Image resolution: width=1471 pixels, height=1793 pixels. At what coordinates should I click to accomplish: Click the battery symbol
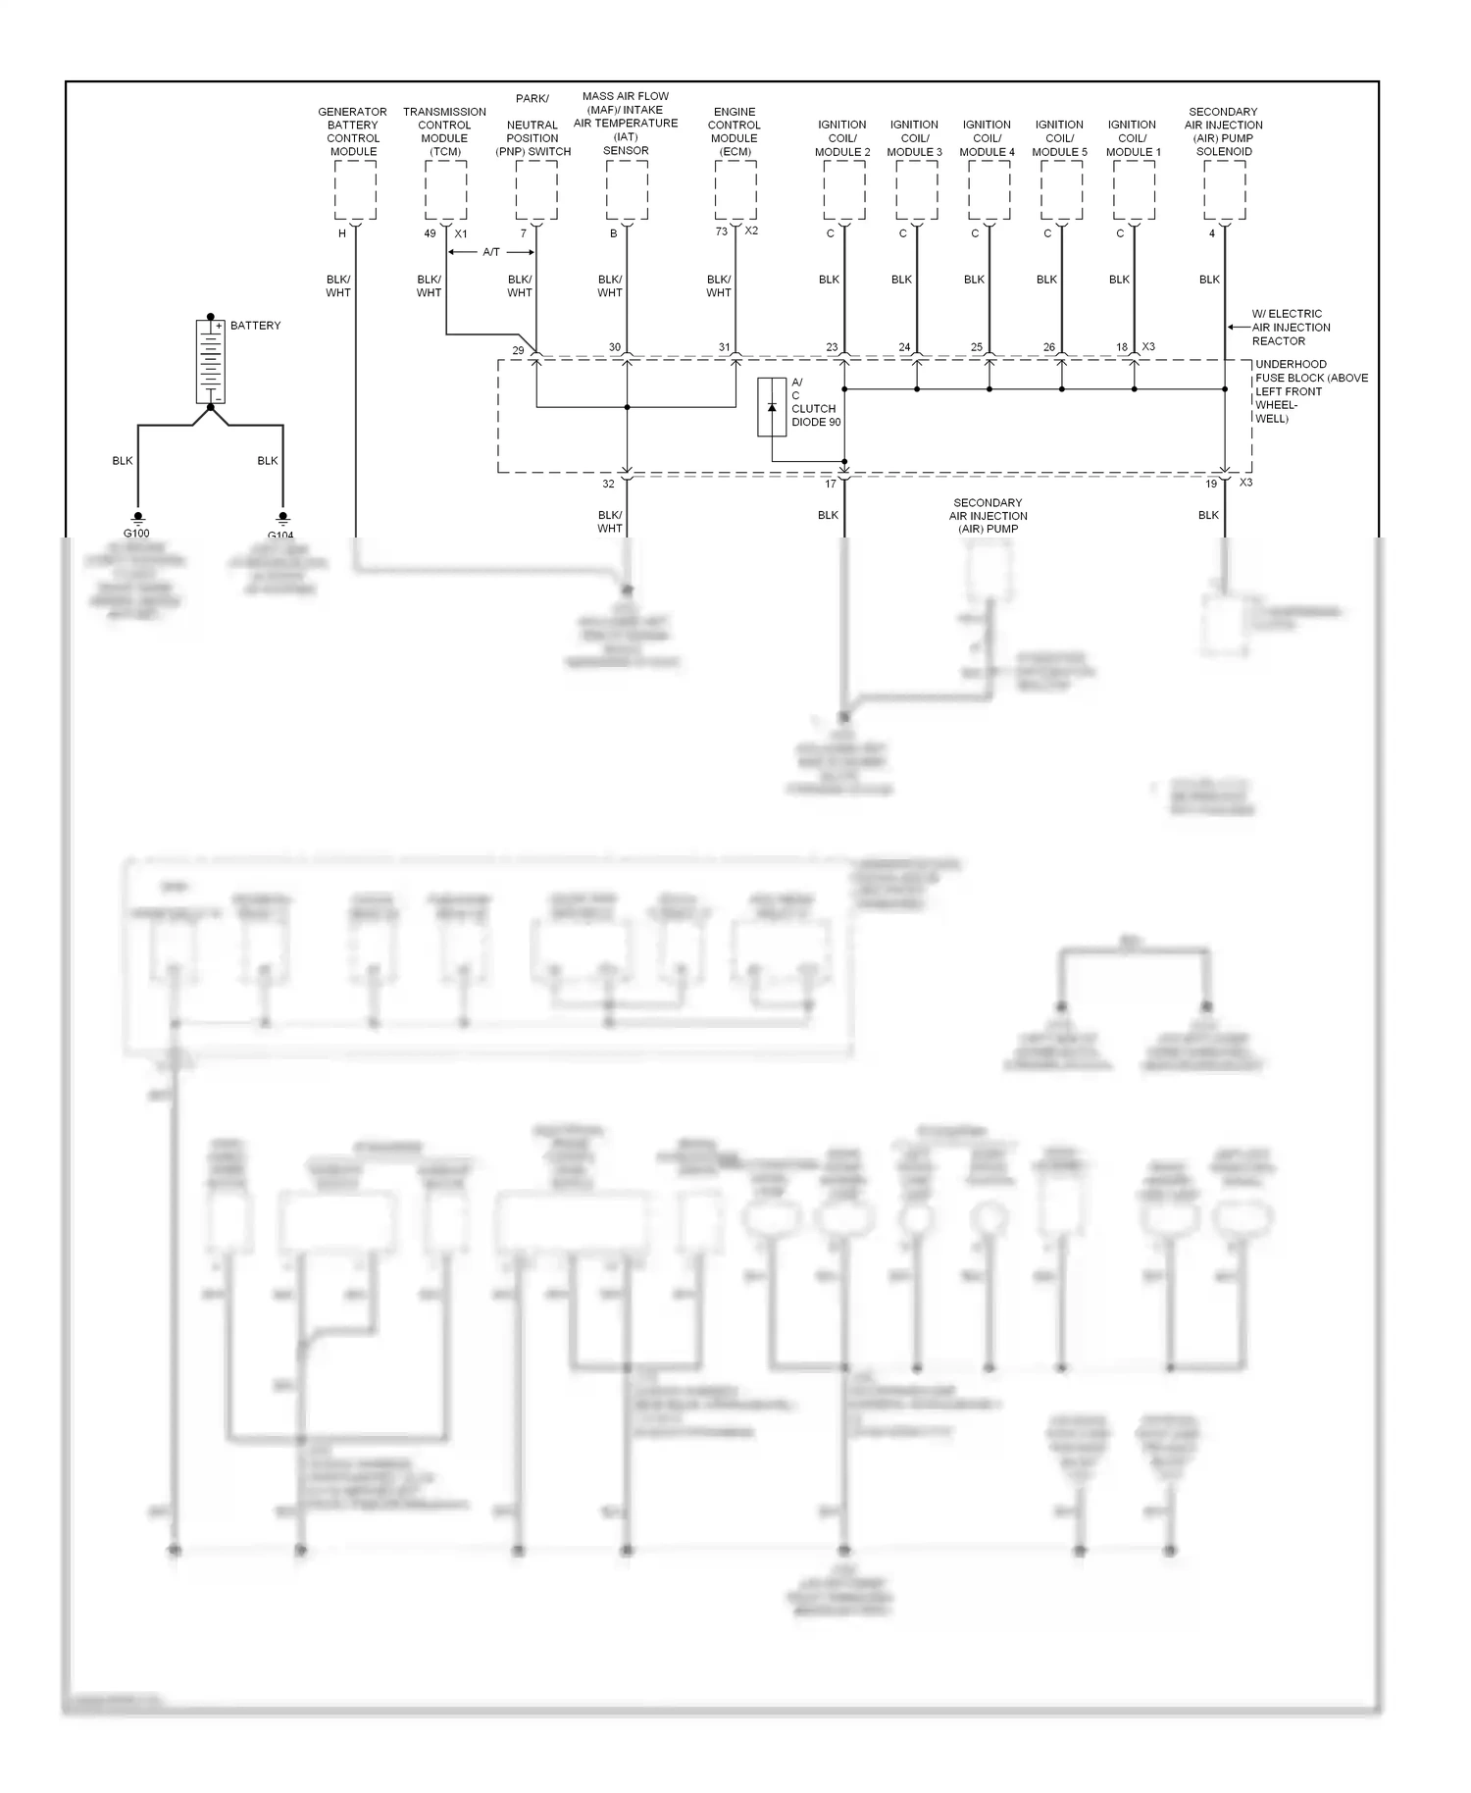tap(210, 360)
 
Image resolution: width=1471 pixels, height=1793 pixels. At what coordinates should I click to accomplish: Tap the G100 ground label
tap(136, 534)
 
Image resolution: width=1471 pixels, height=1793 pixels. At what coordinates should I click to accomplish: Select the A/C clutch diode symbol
tap(772, 406)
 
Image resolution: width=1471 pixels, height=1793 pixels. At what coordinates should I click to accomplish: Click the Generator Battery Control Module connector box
tap(355, 190)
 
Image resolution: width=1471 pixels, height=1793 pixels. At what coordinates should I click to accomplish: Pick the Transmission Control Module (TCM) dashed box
tap(446, 190)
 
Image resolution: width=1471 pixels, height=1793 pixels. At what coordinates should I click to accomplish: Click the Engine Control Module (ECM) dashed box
tap(735, 190)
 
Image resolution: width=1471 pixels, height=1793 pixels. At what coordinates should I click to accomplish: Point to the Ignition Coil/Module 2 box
tap(844, 190)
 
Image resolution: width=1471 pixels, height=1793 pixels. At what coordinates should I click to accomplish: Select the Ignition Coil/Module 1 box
tap(1135, 190)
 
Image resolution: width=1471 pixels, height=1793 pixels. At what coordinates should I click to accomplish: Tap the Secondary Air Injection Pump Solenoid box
tap(1225, 190)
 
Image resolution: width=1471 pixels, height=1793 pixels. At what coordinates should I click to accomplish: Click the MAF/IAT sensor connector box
tap(627, 190)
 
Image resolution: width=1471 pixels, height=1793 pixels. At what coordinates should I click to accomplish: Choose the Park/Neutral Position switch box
tap(536, 190)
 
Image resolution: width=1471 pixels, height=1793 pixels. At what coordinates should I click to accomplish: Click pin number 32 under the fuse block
tap(608, 484)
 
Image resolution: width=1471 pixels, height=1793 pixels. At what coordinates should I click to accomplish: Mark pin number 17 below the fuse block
tap(831, 484)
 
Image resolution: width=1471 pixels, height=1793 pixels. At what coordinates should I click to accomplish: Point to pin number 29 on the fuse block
tap(518, 350)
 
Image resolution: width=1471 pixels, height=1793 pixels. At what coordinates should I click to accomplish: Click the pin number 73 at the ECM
tap(722, 231)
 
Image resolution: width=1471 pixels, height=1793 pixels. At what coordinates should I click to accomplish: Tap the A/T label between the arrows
tap(491, 252)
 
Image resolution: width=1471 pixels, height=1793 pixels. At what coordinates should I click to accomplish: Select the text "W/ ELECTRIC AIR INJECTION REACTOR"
tap(1291, 328)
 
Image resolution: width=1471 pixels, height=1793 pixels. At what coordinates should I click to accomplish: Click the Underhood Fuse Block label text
tap(1310, 391)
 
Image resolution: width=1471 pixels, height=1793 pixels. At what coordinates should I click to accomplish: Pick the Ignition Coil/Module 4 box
tap(989, 190)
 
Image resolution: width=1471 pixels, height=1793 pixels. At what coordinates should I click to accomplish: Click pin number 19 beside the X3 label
tap(1211, 484)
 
